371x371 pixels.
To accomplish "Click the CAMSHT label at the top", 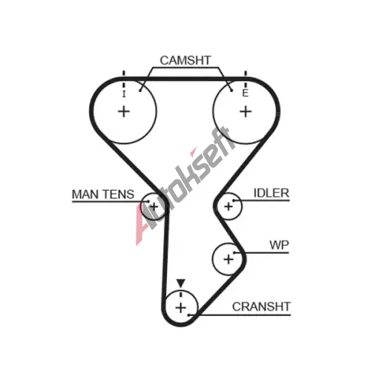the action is pos(185,60).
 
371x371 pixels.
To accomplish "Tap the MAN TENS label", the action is pos(103,194).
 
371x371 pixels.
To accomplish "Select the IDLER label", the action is pos(272,193).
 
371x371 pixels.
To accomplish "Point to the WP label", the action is pos(279,245).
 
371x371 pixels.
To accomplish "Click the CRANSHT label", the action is pos(261,306).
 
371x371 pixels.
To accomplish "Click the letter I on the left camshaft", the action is pos(124,94).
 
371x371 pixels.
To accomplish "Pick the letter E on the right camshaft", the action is pos(245,93).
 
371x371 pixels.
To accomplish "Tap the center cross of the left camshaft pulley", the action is pos(124,111).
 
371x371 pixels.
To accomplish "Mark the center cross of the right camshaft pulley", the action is pos(246,111).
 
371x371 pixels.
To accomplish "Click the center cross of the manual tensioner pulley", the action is pos(154,206).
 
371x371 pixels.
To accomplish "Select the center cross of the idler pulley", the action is pos(229,206).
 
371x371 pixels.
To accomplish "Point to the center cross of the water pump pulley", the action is pos(229,259).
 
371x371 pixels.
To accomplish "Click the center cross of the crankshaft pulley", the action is pos(180,308).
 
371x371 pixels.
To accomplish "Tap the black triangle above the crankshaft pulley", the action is pos(181,283).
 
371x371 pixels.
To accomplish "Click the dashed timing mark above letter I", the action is pos(124,79).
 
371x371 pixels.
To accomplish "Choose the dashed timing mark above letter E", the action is pos(246,79).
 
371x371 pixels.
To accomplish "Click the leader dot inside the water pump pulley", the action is pos(234,252).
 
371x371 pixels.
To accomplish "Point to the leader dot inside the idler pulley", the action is pos(233,200).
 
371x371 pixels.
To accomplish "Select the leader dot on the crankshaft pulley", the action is pos(188,315).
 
